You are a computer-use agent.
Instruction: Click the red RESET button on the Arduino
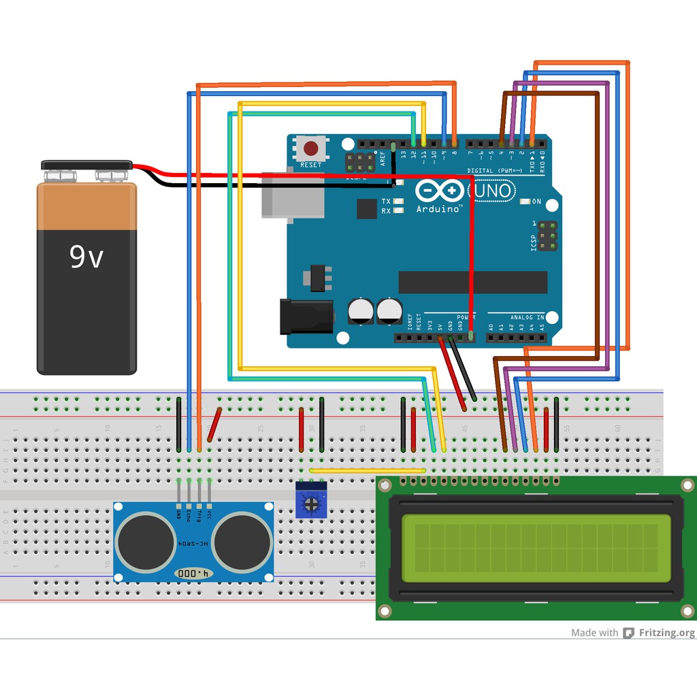[311, 148]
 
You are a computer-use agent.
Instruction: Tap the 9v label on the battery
[86, 257]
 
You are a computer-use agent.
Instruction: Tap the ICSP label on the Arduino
[534, 239]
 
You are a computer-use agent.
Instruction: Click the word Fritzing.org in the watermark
[666, 633]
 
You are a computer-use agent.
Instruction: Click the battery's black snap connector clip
[86, 165]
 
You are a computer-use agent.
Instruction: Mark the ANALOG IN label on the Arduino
[526, 317]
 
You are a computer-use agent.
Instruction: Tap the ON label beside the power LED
[536, 201]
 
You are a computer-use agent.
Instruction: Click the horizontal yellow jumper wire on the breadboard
[368, 470]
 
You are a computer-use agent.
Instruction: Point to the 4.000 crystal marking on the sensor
[194, 574]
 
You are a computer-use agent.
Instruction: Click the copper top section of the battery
[86, 207]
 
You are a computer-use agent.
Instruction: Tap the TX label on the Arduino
[386, 201]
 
